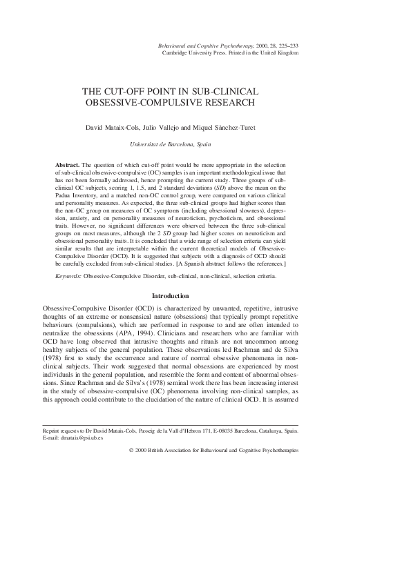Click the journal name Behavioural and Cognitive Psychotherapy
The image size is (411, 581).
point(204,45)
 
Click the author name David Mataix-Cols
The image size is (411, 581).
point(112,127)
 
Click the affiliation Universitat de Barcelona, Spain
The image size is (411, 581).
point(171,144)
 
